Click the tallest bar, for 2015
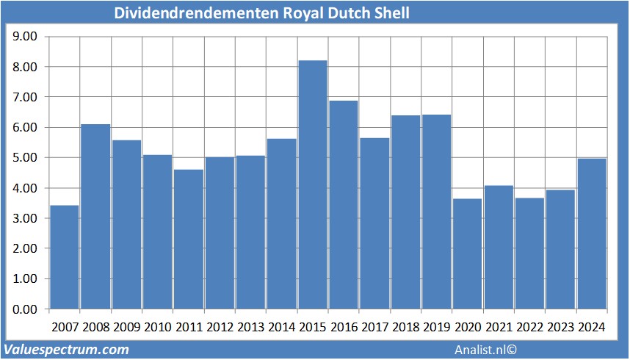[313, 184]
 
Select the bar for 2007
[65, 257]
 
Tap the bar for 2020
[468, 253]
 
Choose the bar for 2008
[95, 217]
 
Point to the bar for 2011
[189, 239]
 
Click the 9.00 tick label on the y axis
[26, 36]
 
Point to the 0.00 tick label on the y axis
[26, 309]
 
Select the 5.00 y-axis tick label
[26, 157]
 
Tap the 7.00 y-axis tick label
[26, 97]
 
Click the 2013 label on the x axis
[250, 327]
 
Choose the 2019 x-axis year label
[437, 327]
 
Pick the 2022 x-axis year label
[530, 327]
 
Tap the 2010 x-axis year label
[157, 327]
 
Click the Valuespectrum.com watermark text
[67, 350]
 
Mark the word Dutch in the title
[345, 13]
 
